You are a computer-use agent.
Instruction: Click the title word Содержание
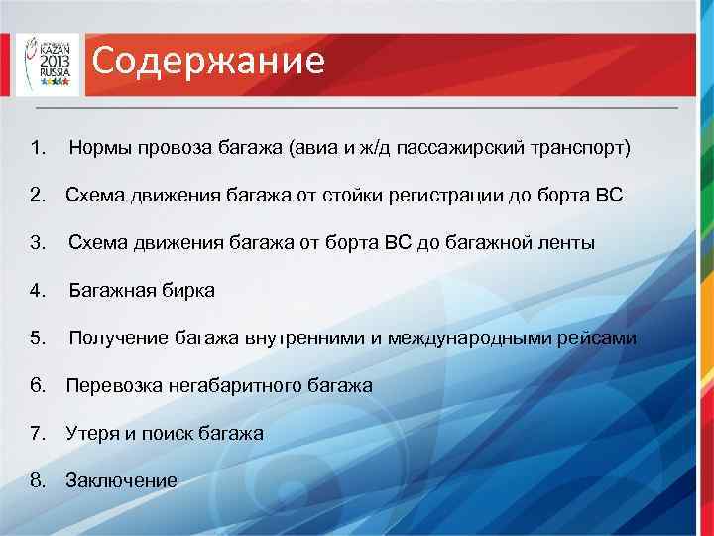[209, 62]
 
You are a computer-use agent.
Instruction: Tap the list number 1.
[38, 149]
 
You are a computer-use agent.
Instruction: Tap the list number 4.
[38, 291]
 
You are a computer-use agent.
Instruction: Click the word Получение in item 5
[119, 338]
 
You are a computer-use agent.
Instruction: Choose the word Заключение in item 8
[121, 480]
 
